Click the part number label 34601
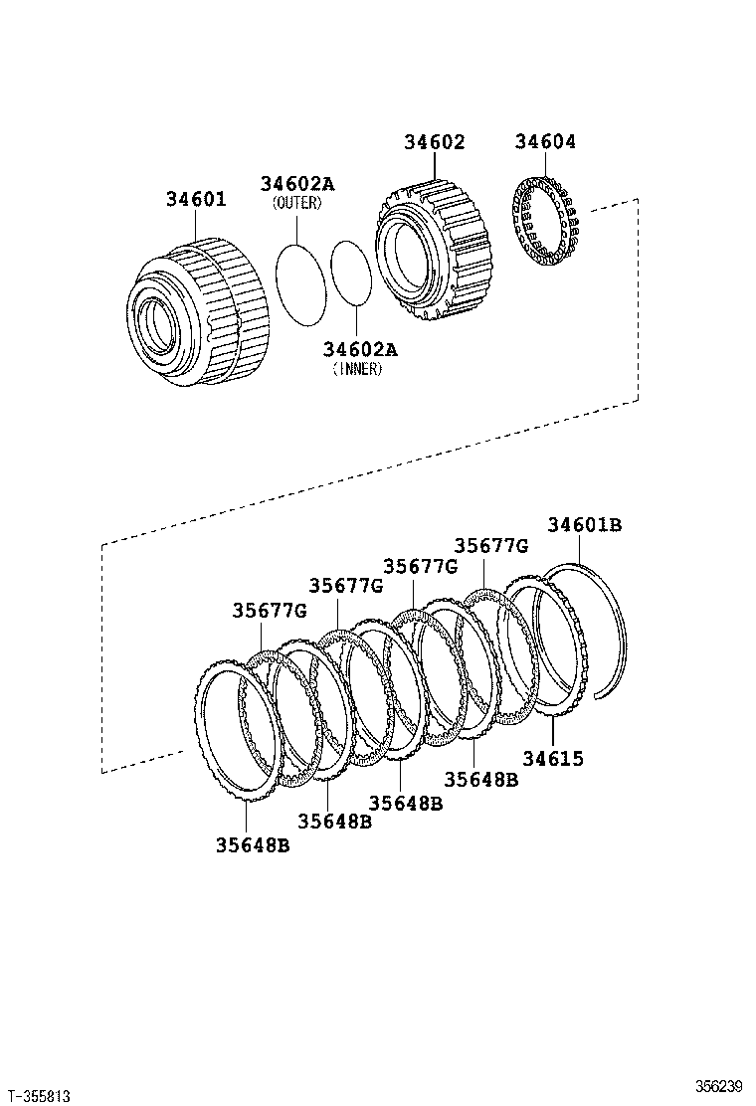click(x=196, y=200)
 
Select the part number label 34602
click(x=434, y=142)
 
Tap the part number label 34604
click(x=545, y=142)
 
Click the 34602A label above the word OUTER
click(x=297, y=184)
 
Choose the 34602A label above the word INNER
click(x=359, y=349)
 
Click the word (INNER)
click(x=358, y=368)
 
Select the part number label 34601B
click(x=584, y=525)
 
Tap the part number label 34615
click(x=553, y=759)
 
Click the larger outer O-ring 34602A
click(x=298, y=282)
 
